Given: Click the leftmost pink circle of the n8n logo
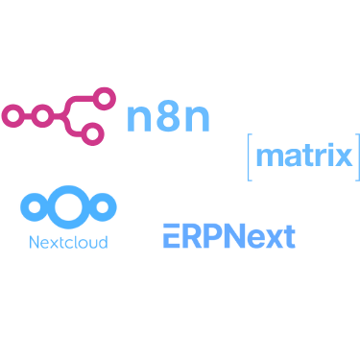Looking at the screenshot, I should [12, 115].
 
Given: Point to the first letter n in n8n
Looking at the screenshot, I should [139, 117].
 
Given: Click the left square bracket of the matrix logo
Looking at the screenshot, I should [250, 157].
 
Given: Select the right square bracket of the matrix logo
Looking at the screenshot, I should [356, 157].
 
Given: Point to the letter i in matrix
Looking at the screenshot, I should [329, 156].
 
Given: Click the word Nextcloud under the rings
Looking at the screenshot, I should [68, 240].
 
